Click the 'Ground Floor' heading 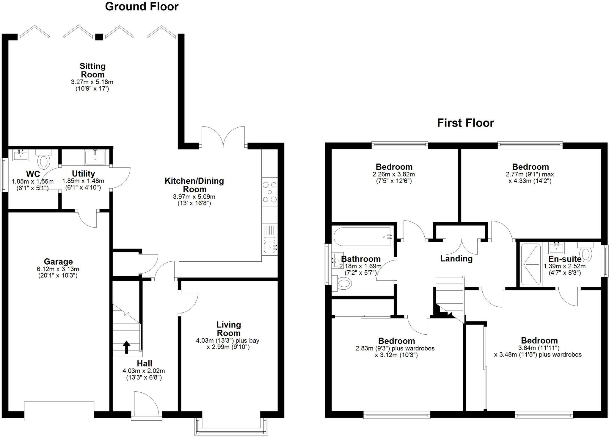coord(142,7)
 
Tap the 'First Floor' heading coord(465,123)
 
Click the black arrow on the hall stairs coord(127,347)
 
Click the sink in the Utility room coord(95,157)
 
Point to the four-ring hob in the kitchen coord(270,192)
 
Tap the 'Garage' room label coord(58,262)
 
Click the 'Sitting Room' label coord(92,70)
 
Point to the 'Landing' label coord(456,258)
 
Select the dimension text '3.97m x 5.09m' coord(194,197)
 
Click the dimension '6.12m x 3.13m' coord(58,269)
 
